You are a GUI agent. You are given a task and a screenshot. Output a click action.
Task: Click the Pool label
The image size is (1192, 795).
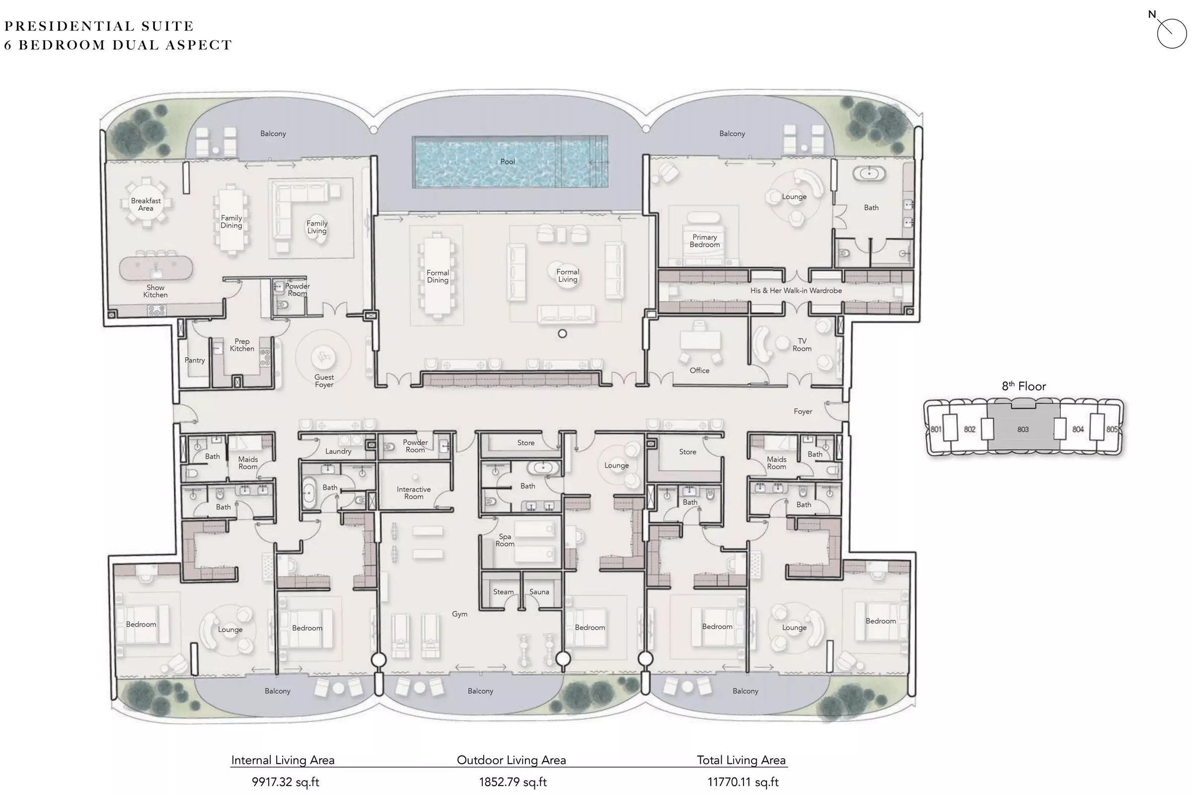[507, 162]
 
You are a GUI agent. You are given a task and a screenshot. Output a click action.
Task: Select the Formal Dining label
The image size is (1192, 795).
[438, 276]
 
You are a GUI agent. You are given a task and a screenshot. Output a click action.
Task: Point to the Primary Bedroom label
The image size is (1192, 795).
[704, 241]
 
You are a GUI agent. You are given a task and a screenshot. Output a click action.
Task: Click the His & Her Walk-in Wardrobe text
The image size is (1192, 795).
[796, 291]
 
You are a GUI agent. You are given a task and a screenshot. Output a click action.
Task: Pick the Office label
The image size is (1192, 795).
[699, 371]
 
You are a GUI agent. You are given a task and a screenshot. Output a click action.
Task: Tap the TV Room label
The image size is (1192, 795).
[802, 345]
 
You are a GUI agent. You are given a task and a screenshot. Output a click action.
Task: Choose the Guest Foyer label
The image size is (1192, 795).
[324, 381]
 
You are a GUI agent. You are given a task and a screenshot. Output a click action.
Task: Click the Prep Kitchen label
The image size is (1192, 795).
[242, 345]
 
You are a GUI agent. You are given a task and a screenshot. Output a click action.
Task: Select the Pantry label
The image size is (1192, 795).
[195, 361]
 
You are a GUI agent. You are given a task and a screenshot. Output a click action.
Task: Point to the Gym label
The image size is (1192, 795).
[460, 614]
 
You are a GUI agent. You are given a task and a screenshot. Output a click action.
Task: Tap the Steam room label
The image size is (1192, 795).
[503, 592]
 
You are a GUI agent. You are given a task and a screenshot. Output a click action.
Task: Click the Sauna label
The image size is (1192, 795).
[539, 592]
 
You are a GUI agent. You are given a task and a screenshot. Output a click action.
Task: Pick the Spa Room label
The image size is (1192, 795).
[505, 540]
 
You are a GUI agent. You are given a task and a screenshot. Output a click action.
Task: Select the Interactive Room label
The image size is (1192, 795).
[414, 493]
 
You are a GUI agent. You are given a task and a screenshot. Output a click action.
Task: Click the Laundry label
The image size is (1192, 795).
[338, 451]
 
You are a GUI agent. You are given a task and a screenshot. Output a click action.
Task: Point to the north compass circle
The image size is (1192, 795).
[1172, 33]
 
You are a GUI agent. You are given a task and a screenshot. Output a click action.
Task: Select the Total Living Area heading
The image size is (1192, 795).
[741, 760]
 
